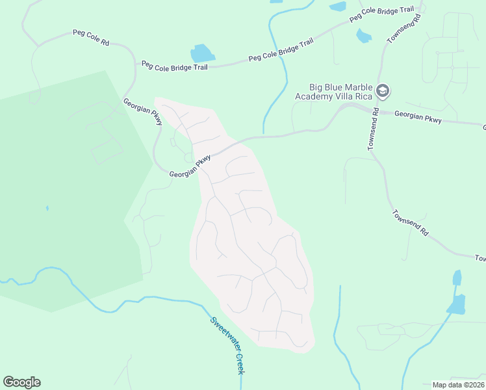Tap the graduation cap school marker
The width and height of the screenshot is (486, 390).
[x=383, y=91]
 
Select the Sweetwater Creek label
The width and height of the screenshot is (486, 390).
[x=227, y=344]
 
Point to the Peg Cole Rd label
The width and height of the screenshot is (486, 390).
[x=90, y=37]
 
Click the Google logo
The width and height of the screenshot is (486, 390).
[x=21, y=382]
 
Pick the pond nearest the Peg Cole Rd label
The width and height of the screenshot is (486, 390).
[x=202, y=53]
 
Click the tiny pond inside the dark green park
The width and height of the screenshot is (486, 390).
[x=47, y=209]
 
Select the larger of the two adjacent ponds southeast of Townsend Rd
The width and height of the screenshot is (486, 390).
[x=457, y=304]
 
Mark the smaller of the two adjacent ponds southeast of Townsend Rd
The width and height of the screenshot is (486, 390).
[x=457, y=278]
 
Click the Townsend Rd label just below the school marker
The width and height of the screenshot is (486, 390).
[x=374, y=130]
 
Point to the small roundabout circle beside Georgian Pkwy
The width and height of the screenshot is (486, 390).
[x=188, y=157]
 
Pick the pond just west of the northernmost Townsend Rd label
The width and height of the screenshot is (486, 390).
[x=363, y=36]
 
